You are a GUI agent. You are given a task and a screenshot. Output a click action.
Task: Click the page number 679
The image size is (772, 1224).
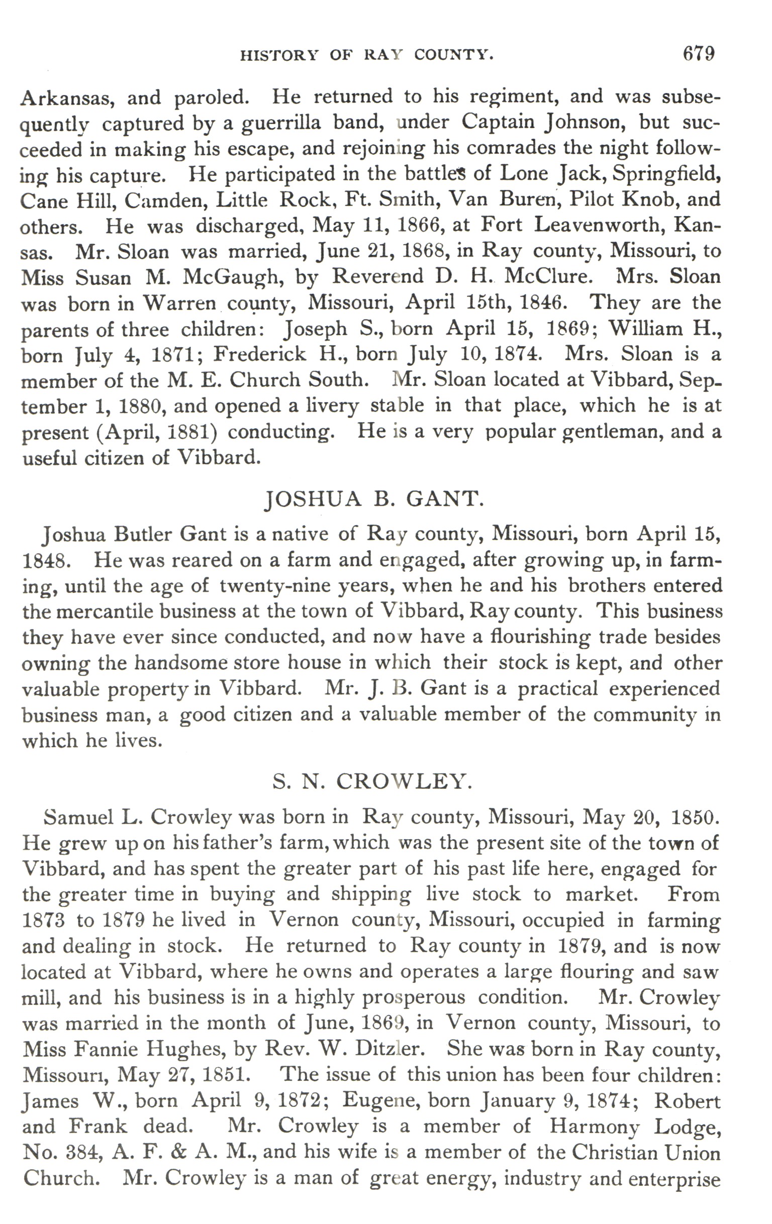click(699, 54)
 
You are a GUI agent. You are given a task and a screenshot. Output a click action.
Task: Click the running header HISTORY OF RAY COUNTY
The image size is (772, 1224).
click(367, 55)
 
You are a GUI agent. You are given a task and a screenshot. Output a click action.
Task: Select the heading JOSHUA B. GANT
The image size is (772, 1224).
click(374, 499)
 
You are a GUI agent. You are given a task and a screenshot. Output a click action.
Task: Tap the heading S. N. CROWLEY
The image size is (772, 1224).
click(372, 781)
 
